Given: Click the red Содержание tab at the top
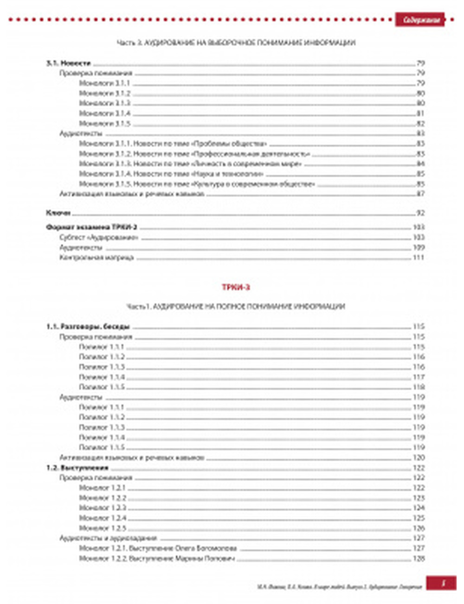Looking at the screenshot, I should pyautogui.click(x=420, y=20).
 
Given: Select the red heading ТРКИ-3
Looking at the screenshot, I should pyautogui.click(x=236, y=287).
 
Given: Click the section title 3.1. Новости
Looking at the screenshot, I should pyautogui.click(x=68, y=63).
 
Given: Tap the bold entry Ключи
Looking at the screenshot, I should pyautogui.click(x=58, y=213).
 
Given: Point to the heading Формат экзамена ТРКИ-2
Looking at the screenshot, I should pyautogui.click(x=92, y=228).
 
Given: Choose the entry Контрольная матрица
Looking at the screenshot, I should pyautogui.click(x=97, y=257).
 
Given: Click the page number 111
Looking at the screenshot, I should pyautogui.click(x=419, y=257).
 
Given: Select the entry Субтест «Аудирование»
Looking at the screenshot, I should pyautogui.click(x=99, y=237).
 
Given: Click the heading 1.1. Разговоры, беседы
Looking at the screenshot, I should pyautogui.click(x=88, y=327).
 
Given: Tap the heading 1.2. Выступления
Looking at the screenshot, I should pyautogui.click(x=77, y=468).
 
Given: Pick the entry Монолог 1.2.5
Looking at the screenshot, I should pyautogui.click(x=103, y=528).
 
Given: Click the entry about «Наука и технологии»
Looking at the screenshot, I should pyautogui.click(x=171, y=174).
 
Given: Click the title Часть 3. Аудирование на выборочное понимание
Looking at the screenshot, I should pyautogui.click(x=236, y=43).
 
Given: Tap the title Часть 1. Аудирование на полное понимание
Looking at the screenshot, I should pyautogui.click(x=236, y=307).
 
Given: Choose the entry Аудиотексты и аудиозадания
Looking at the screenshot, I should pyautogui.click(x=108, y=538).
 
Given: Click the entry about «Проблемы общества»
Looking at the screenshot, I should pyautogui.click(x=173, y=144).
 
